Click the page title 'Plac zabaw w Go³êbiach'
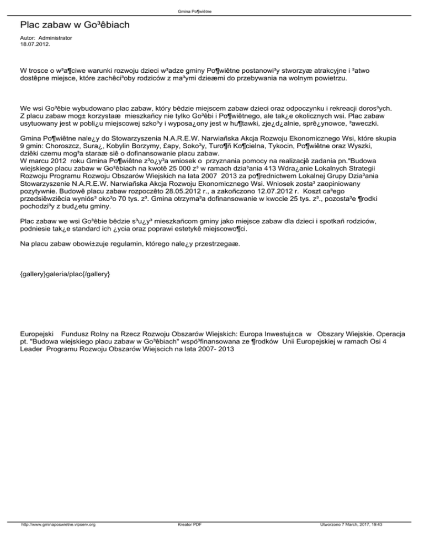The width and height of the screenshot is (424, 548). [x=75, y=25]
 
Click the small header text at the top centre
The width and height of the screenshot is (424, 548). [x=212, y=11]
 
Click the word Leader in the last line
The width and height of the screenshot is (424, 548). [x=32, y=351]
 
